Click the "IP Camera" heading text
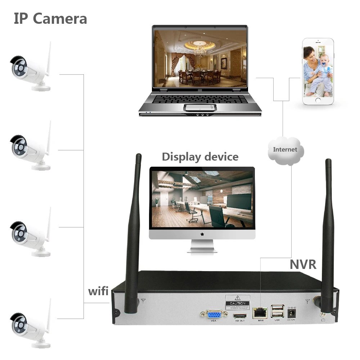click(x=50, y=19)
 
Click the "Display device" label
click(x=200, y=157)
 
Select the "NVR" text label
click(x=303, y=264)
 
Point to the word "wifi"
click(x=98, y=291)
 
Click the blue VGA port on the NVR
click(x=213, y=314)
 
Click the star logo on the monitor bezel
click(x=202, y=234)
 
